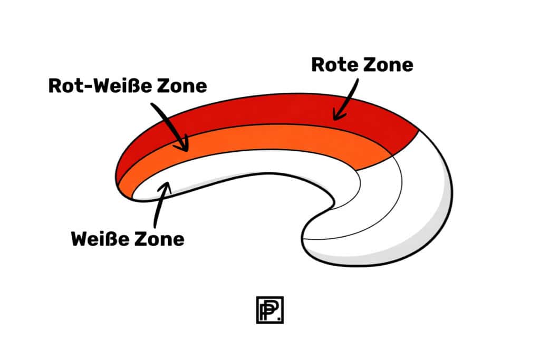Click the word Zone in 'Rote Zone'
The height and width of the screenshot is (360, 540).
[x=388, y=65]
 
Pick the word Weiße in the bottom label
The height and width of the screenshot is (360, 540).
[x=100, y=239]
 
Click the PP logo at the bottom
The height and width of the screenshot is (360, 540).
[x=269, y=310]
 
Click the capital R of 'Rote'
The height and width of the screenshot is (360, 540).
[x=318, y=65]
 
